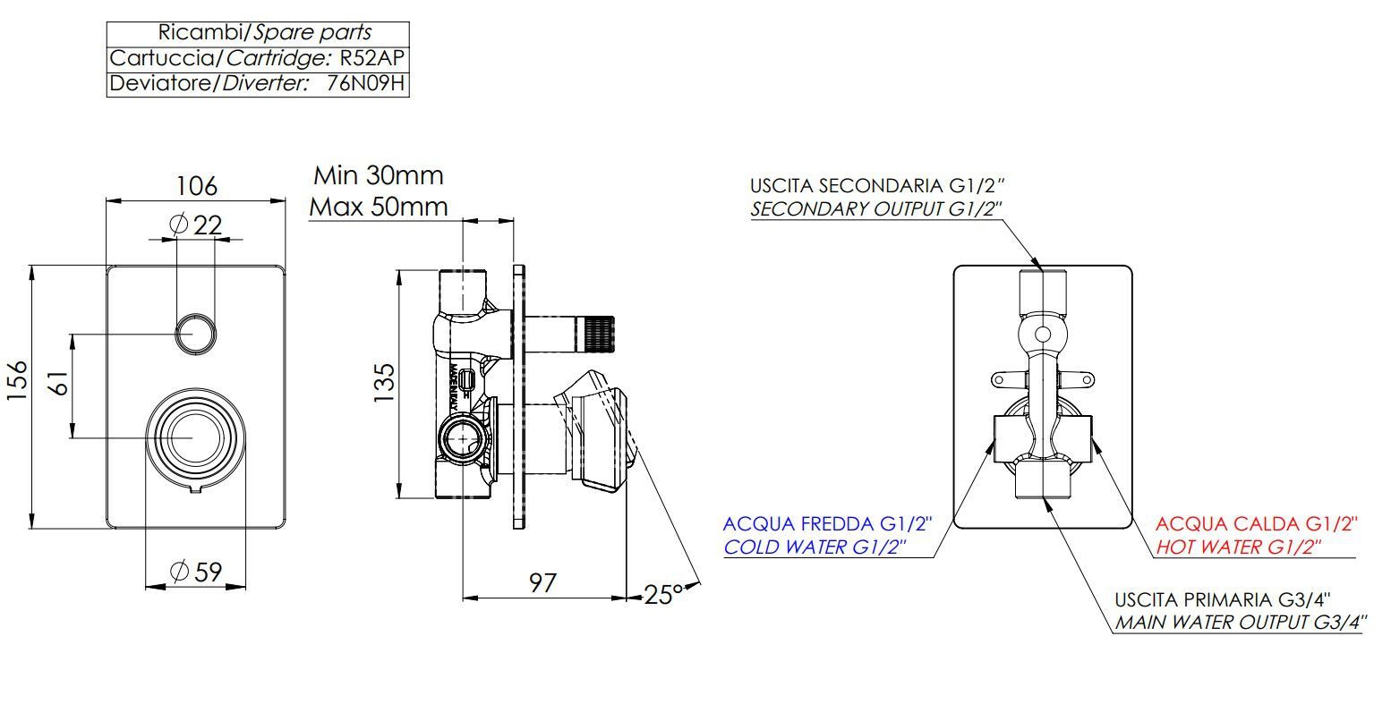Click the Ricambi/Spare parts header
click(x=265, y=33)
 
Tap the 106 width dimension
click(x=196, y=185)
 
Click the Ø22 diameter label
click(x=196, y=224)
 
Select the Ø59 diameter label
click(x=196, y=572)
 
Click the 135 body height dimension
click(x=384, y=383)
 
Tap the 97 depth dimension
click(x=542, y=583)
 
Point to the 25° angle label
click(x=663, y=595)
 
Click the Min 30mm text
click(x=379, y=175)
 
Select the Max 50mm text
click(x=379, y=207)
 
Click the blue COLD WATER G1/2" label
click(x=815, y=547)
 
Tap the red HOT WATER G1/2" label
click(x=1239, y=547)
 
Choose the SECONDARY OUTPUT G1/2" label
click(x=876, y=208)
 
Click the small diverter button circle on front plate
click(x=195, y=334)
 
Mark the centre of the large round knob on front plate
click(x=195, y=437)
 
